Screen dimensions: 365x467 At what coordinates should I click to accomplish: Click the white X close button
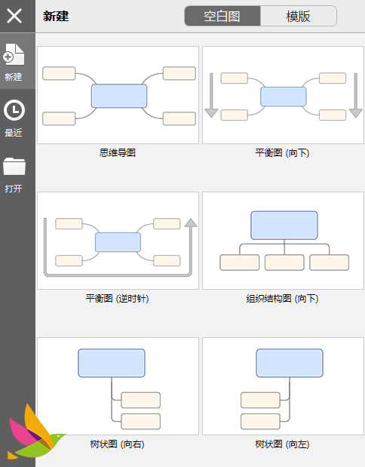(x=14, y=16)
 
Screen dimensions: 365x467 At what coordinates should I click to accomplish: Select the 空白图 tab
(x=222, y=16)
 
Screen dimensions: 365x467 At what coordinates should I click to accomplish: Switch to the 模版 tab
(x=299, y=16)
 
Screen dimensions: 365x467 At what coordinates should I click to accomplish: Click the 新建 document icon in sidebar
(x=14, y=54)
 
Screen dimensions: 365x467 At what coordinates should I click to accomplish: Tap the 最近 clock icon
(x=14, y=110)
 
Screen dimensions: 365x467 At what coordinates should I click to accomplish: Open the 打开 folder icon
(x=14, y=166)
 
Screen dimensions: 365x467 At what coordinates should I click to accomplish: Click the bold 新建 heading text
(x=56, y=16)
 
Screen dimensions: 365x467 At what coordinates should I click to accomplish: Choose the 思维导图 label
(x=118, y=153)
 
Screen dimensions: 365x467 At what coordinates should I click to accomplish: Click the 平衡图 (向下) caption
(x=283, y=153)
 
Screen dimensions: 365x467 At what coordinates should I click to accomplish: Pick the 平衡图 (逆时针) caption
(x=118, y=298)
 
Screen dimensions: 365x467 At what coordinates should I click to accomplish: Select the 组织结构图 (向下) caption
(x=283, y=298)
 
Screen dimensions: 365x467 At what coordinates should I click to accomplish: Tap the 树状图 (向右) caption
(x=118, y=444)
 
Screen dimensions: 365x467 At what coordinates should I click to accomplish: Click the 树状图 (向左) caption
(x=283, y=444)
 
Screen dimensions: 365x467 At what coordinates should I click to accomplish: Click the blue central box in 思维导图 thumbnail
(x=119, y=96)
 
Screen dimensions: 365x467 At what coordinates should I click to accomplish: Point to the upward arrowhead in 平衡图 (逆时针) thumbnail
(x=191, y=223)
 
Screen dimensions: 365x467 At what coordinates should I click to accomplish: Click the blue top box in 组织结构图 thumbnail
(x=284, y=226)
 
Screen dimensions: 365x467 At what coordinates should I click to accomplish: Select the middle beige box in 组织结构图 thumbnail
(x=284, y=263)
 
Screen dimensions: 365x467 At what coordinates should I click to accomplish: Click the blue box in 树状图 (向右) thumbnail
(x=112, y=363)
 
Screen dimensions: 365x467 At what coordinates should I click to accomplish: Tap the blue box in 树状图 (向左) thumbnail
(x=290, y=363)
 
